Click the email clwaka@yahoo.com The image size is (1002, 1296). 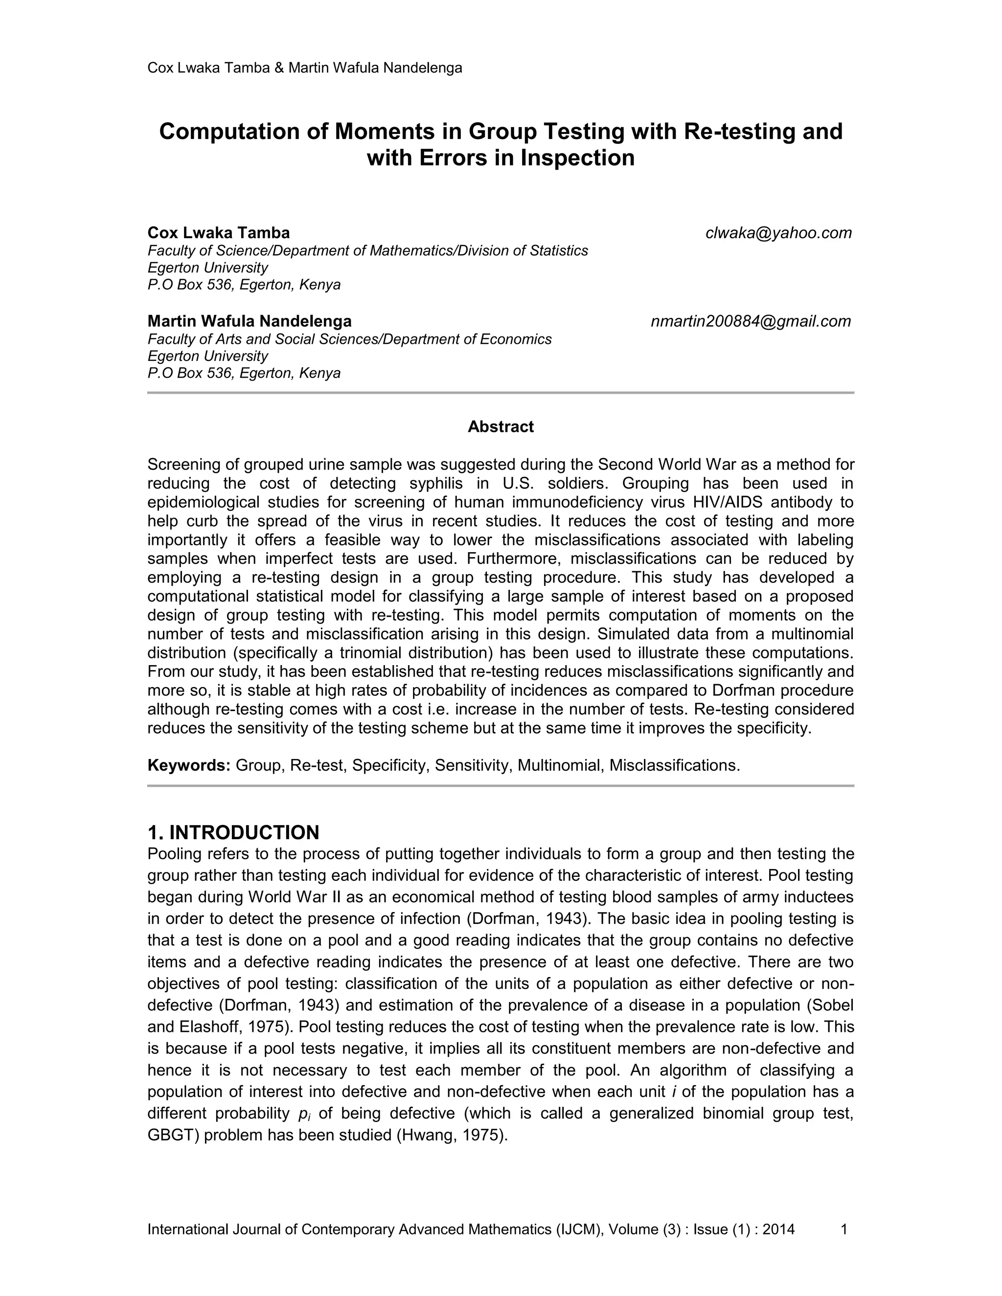click(x=778, y=233)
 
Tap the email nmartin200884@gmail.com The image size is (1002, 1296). click(x=751, y=322)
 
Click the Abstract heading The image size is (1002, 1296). click(x=501, y=426)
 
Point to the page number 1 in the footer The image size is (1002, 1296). click(x=843, y=1229)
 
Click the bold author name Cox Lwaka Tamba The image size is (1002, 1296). click(x=218, y=233)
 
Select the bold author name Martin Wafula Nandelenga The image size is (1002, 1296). click(x=250, y=322)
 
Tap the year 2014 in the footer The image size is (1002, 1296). click(x=778, y=1229)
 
